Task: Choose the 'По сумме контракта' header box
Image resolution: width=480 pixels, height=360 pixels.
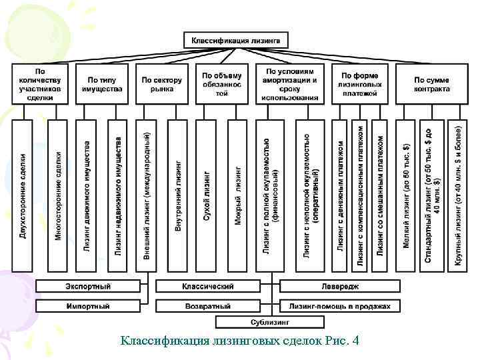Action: (431, 83)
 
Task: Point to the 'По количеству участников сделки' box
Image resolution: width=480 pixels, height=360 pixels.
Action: (41, 83)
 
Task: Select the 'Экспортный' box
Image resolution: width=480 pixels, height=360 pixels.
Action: (88, 287)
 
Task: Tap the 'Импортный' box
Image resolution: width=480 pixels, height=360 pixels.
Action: (88, 306)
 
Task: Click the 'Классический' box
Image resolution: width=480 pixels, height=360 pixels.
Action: (209, 287)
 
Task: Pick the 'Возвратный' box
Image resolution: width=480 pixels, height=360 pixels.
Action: (209, 306)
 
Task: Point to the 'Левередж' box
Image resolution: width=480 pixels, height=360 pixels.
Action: (340, 287)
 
